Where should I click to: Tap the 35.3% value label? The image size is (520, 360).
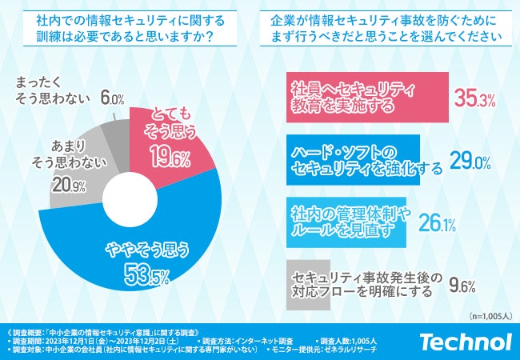tap(475, 99)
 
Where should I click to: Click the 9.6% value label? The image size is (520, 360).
tap(462, 286)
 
